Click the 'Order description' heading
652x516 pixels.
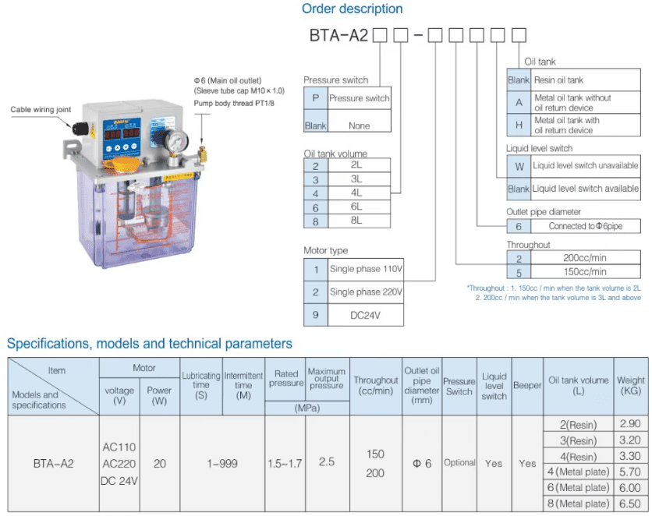pos(352,9)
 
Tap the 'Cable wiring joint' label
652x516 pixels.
pos(41,110)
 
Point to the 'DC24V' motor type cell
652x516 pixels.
pos(364,315)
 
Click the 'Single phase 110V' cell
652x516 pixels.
pos(365,269)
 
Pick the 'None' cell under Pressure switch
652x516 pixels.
pos(359,125)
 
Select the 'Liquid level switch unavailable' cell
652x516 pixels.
pos(585,165)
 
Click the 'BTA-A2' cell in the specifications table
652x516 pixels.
pos(53,463)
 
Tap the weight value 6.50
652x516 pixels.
pos(630,504)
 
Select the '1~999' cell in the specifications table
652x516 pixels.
pos(222,463)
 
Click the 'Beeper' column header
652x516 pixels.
pos(527,386)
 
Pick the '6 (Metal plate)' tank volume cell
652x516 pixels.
pos(578,487)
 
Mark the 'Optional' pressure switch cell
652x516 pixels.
pos(459,463)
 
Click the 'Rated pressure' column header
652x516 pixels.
pos(285,379)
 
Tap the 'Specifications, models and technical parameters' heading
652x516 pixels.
pos(150,344)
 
